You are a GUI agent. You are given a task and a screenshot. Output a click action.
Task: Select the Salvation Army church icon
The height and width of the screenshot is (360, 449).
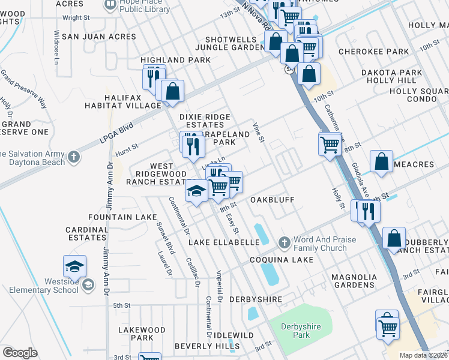pyautogui.click(x=73, y=157)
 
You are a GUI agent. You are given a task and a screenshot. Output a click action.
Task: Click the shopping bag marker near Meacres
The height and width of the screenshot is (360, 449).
pyautogui.click(x=382, y=161)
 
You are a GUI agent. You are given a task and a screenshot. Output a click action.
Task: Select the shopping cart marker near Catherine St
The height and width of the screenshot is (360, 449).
pyautogui.click(x=330, y=144)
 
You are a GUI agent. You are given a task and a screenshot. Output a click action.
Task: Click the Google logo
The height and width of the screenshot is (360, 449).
pyautogui.click(x=20, y=352)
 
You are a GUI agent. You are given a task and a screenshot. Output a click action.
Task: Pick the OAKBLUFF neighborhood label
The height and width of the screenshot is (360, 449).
pyautogui.click(x=274, y=199)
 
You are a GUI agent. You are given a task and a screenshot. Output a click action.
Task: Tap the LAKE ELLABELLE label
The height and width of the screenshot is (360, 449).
pyautogui.click(x=224, y=242)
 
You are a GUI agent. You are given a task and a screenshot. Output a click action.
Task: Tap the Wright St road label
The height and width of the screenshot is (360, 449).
pyautogui.click(x=76, y=18)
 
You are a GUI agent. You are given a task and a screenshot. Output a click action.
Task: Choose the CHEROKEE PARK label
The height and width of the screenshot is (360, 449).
pyautogui.click(x=373, y=52)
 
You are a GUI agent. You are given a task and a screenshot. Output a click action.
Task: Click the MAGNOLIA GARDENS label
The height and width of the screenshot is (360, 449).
pyautogui.click(x=354, y=281)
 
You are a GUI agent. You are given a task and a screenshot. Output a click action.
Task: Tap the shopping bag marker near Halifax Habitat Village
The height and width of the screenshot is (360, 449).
pyautogui.click(x=172, y=91)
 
